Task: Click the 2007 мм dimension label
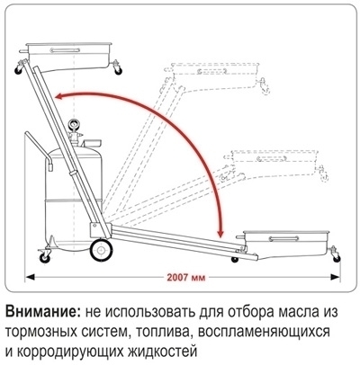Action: pos(186,278)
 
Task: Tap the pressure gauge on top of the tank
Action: pos(74,124)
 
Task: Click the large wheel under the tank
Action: pos(102,250)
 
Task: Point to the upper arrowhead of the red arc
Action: pos(58,96)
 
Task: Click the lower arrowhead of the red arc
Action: pos(221,233)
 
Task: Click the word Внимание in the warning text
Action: pos(43,312)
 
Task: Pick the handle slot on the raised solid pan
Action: pos(65,50)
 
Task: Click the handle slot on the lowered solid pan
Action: pos(283,238)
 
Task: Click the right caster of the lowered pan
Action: pos(336,254)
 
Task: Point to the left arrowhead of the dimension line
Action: pos(30,278)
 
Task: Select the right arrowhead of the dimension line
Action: pos(336,278)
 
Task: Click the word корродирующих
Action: pos(69,352)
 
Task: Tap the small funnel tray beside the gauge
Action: pos(92,143)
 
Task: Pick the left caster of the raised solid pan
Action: pos(20,67)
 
